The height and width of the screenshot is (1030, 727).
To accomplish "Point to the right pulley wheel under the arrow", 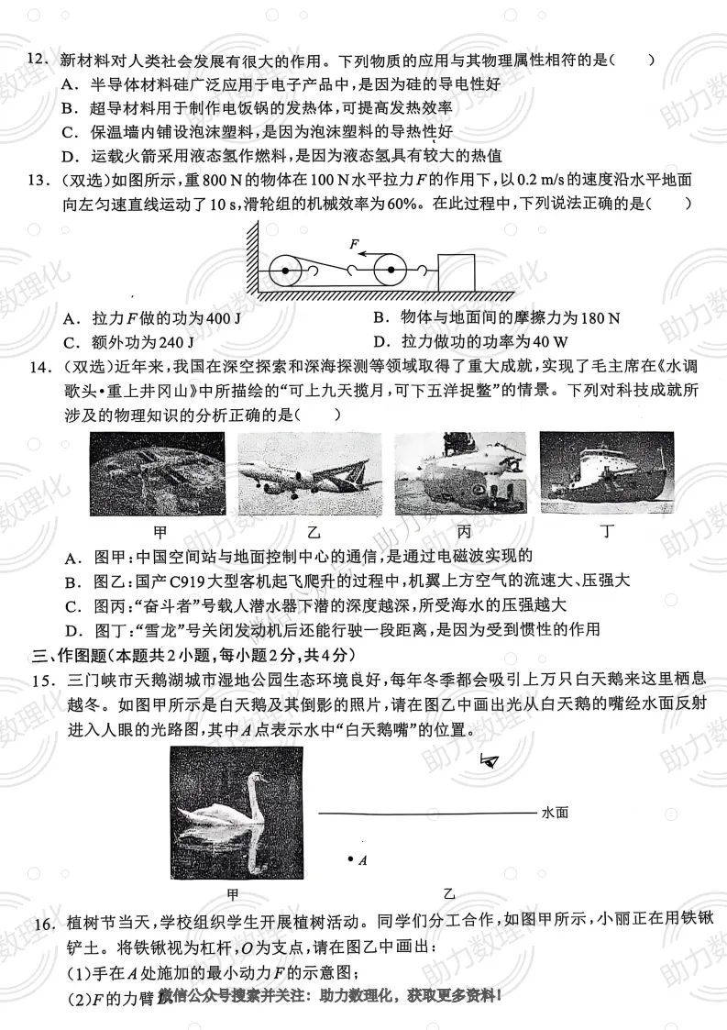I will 391,271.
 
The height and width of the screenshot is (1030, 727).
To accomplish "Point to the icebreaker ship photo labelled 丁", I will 606,473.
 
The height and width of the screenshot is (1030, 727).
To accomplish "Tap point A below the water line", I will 350,858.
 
